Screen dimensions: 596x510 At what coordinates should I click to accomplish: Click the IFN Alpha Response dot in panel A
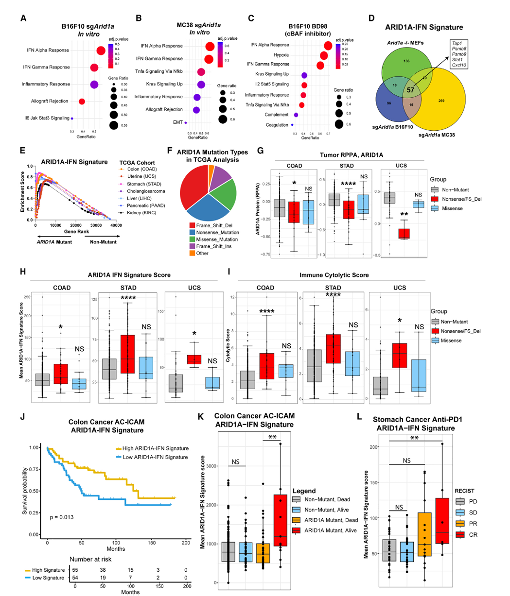click(101, 51)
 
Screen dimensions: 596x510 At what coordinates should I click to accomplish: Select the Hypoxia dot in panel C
click(324, 55)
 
